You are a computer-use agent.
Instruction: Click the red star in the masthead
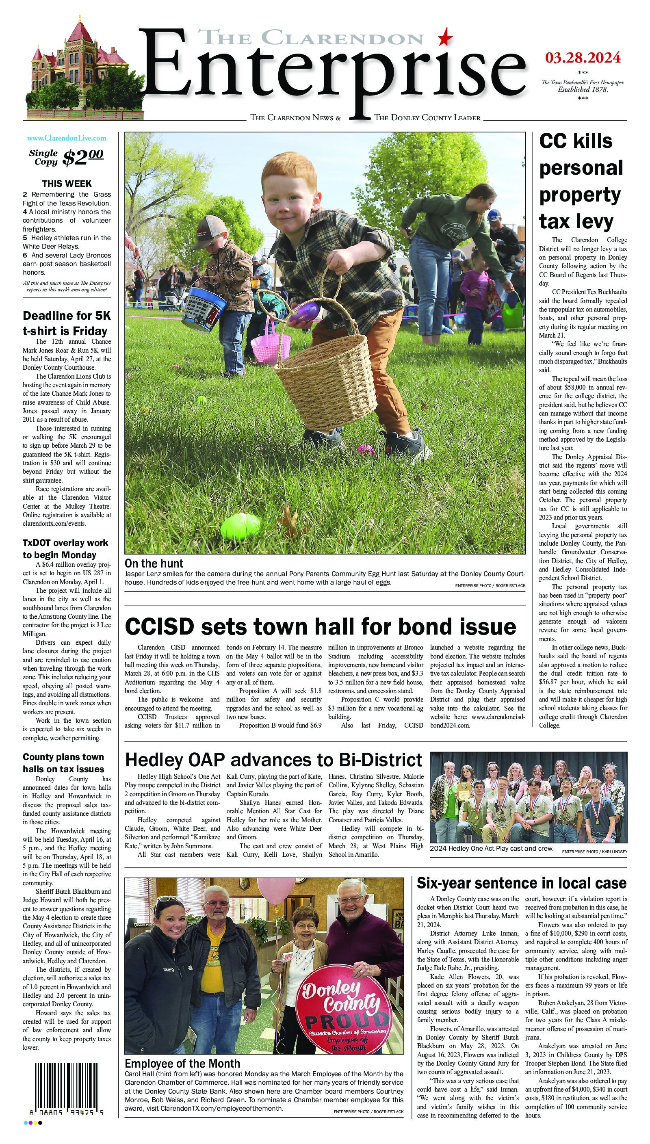(445, 37)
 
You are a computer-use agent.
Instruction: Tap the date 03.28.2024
(582, 58)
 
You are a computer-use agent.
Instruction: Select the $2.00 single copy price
(83, 157)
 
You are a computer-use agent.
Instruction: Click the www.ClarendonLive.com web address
(67, 139)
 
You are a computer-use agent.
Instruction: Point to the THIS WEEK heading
(67, 184)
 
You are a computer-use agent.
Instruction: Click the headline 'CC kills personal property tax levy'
(581, 181)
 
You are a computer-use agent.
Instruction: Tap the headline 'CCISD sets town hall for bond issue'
(320, 626)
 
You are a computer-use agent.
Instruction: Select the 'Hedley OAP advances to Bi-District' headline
(274, 760)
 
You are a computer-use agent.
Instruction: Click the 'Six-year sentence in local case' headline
(522, 883)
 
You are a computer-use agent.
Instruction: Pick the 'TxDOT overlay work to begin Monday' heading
(66, 548)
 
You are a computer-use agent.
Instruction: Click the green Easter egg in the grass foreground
(240, 526)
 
